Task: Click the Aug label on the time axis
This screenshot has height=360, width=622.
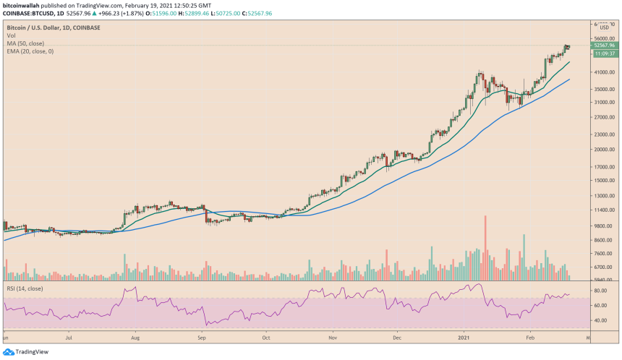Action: click(x=135, y=337)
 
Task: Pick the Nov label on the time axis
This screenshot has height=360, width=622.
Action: click(x=331, y=337)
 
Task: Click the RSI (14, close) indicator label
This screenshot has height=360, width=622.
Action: click(x=25, y=288)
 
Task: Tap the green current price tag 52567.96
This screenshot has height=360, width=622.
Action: click(x=602, y=46)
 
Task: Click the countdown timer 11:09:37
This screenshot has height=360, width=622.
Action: click(x=603, y=53)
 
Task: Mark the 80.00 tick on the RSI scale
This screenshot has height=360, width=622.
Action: click(x=600, y=291)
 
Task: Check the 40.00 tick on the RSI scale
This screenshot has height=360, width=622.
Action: click(x=600, y=320)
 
